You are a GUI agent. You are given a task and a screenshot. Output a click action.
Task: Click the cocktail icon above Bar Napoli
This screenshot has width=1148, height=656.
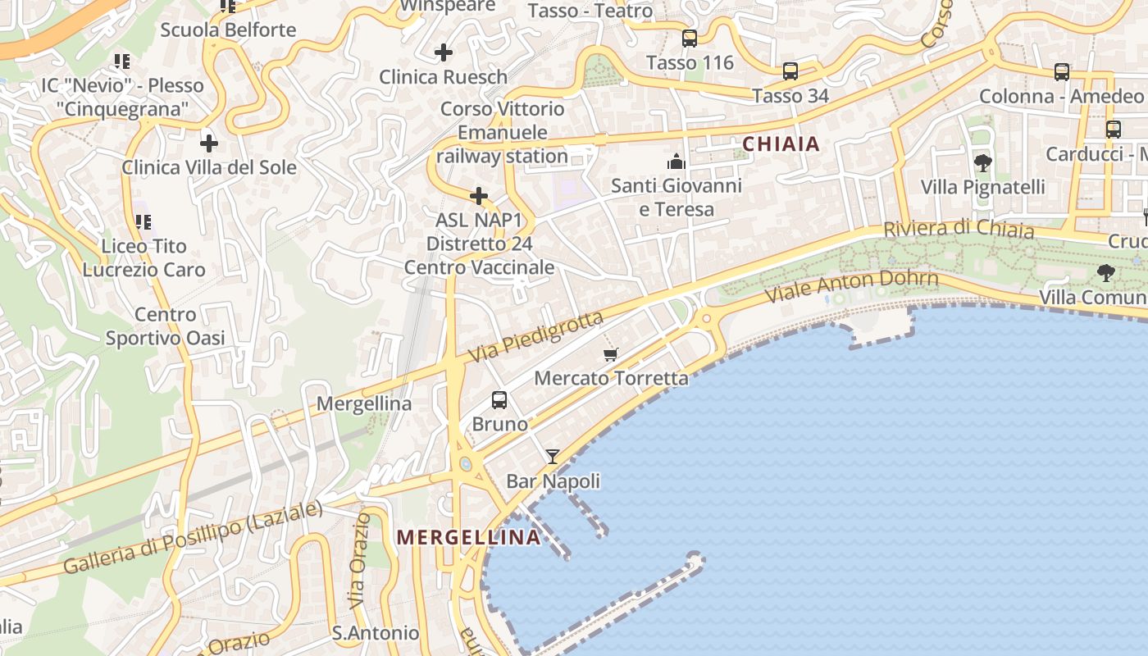coord(553,457)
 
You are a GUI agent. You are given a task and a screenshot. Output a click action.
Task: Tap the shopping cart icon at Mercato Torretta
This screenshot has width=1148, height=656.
coord(610,354)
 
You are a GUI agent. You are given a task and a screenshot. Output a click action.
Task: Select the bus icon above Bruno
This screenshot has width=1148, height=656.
coord(499,400)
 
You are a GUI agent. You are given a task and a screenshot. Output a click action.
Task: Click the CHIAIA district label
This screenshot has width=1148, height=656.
coord(781,144)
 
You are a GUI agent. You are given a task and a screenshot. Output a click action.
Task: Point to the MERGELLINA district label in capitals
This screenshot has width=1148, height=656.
coord(469,537)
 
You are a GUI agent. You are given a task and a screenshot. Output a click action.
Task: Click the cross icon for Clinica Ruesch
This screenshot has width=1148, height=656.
coord(444,53)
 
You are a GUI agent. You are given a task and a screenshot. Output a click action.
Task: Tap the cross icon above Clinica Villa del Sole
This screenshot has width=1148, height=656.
coord(209,143)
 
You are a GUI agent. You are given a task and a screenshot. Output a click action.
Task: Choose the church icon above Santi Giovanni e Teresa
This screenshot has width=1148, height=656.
coord(676,161)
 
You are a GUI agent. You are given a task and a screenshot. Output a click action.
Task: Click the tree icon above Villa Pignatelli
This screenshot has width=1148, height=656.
coord(982,162)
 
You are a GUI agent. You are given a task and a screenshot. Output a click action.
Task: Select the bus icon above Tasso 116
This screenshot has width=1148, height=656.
coord(690,39)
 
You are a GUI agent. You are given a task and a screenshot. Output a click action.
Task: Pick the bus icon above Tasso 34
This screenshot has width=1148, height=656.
coord(790,71)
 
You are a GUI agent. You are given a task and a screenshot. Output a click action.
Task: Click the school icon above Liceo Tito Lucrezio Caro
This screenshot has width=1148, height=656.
coord(143,222)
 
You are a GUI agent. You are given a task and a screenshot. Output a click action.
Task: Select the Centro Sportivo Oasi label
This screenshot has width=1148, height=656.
coord(165,326)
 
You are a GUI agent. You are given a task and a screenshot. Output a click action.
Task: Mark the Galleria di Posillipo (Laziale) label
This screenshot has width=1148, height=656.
coord(193,538)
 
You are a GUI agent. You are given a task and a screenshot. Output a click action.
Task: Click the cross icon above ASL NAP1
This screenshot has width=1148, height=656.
coord(479,196)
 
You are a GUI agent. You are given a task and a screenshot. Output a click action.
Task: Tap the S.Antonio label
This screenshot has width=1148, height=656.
coord(376,633)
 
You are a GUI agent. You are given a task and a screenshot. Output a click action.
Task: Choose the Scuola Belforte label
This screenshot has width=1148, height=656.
coord(228,30)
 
